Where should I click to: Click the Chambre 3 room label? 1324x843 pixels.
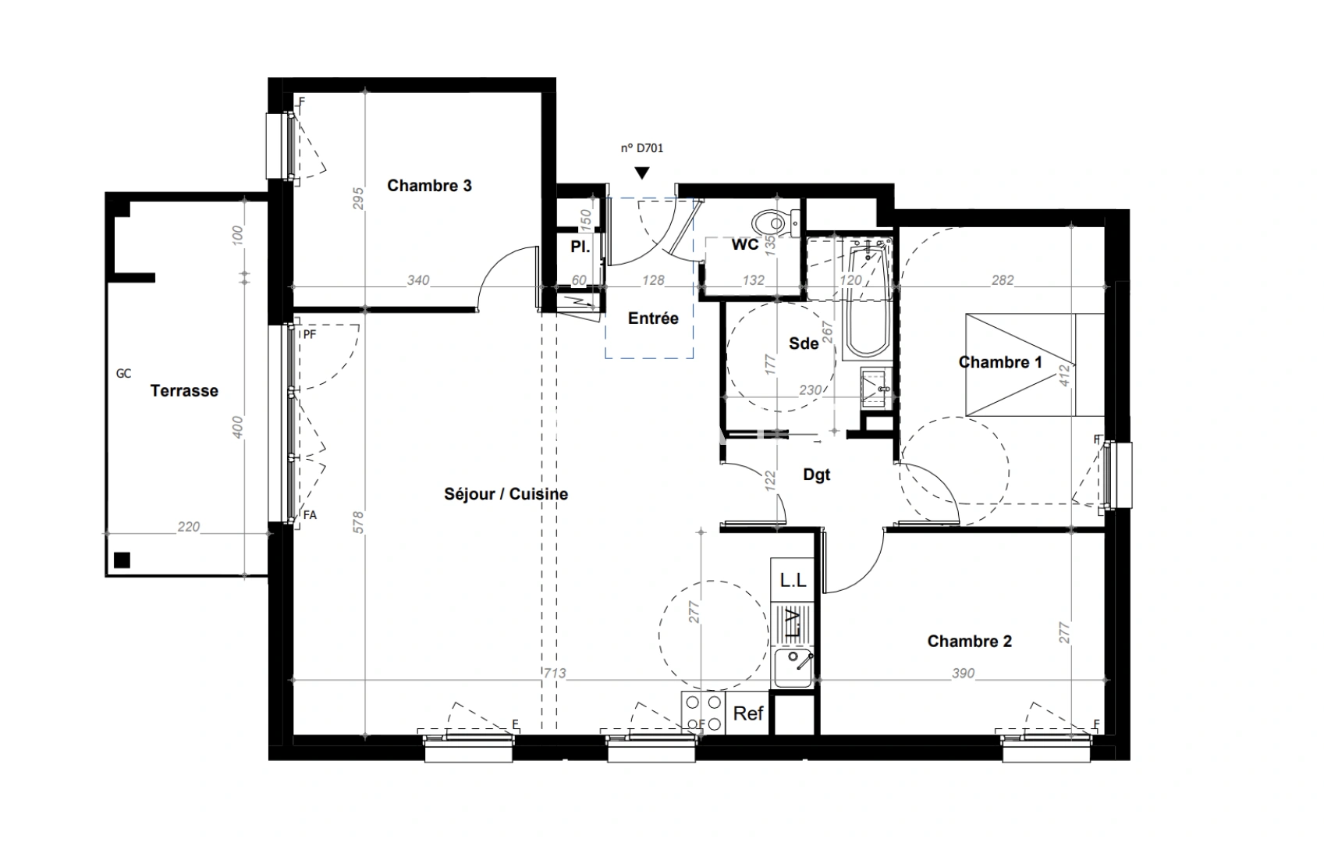(429, 186)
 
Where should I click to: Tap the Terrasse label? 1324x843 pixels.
(184, 391)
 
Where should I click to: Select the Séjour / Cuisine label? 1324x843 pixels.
(506, 494)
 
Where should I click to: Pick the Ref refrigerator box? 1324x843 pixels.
(748, 713)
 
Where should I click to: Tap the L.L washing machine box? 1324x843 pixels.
(793, 581)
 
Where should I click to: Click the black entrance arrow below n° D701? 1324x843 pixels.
(641, 173)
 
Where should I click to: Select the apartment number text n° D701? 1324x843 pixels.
(641, 148)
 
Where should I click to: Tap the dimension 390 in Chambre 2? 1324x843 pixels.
(963, 673)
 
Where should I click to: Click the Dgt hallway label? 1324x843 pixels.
(817, 475)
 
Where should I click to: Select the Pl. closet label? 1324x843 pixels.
(580, 247)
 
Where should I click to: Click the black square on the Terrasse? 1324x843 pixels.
(121, 559)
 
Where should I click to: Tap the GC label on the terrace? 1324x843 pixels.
(123, 374)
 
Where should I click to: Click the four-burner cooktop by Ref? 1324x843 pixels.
(702, 713)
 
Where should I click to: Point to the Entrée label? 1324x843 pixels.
(653, 318)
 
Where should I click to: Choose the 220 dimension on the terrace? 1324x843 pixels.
(188, 527)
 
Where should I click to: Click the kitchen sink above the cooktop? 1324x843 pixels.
(793, 669)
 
